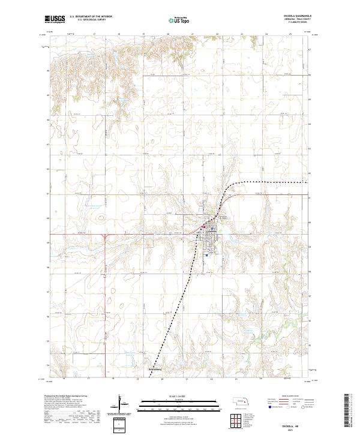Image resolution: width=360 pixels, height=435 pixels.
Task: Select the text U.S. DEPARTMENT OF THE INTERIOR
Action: [91, 17]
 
